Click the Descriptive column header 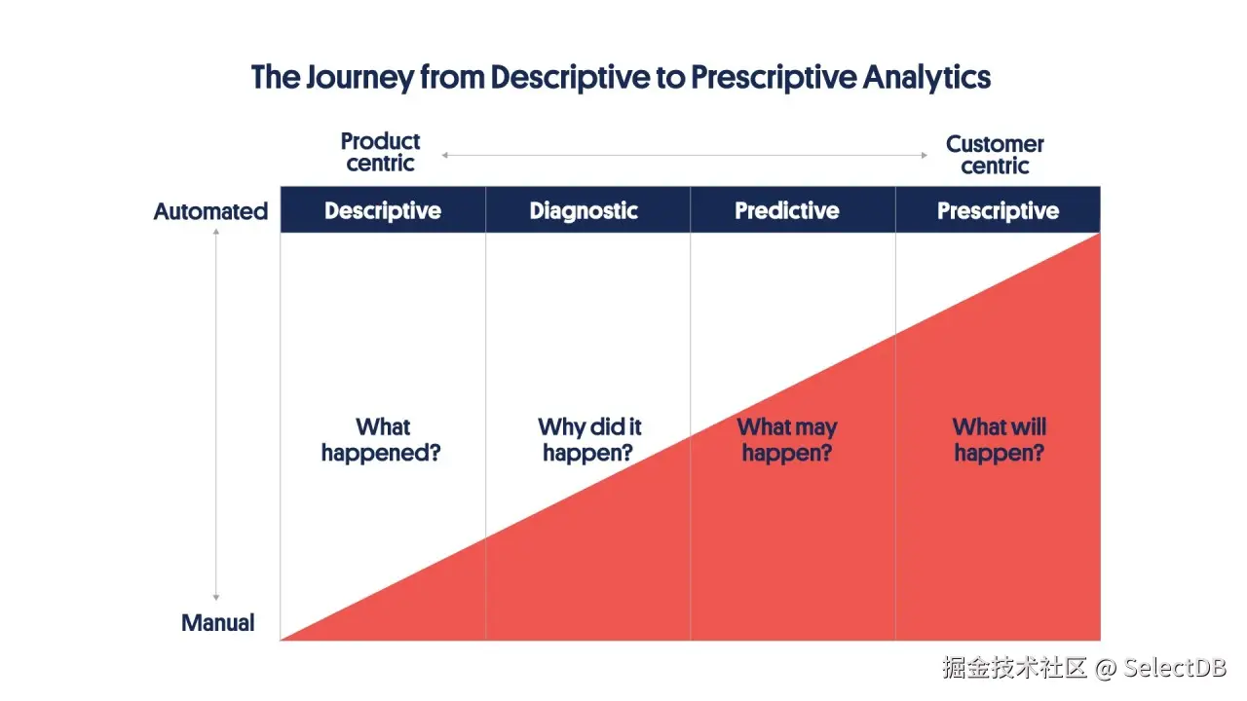tap(383, 211)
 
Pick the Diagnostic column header tap(584, 211)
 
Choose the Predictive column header tap(787, 211)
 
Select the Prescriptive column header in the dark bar tap(998, 211)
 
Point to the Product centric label tap(380, 153)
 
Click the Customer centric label tap(995, 155)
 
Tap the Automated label tap(210, 211)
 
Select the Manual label tap(218, 623)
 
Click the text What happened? tap(381, 440)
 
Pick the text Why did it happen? tap(588, 440)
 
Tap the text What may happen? tap(787, 440)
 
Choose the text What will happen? tap(999, 440)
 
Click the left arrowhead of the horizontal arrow tap(444, 155)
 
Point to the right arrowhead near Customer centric tap(925, 155)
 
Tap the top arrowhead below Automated tap(216, 233)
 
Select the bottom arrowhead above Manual tap(216, 598)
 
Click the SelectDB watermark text tap(1175, 668)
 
